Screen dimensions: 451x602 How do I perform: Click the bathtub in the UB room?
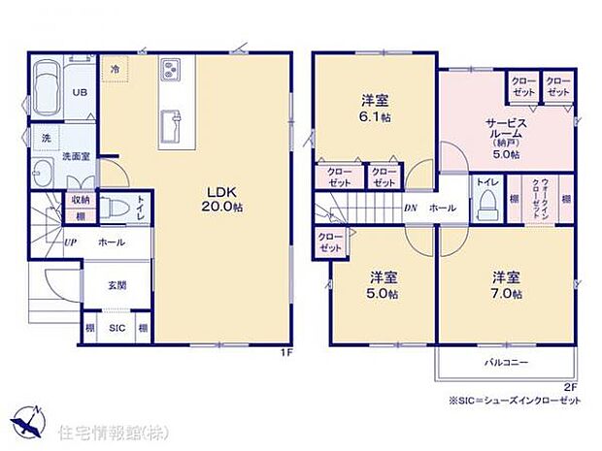46,92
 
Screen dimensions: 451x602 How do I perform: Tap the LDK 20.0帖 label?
222,200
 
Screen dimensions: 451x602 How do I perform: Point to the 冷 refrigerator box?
116,70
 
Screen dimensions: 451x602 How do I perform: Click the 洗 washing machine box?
45,140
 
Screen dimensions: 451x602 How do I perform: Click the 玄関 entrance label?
116,283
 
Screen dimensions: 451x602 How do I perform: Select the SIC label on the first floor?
116,329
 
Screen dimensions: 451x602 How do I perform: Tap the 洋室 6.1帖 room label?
375,108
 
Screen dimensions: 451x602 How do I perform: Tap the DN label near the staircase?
411,208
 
